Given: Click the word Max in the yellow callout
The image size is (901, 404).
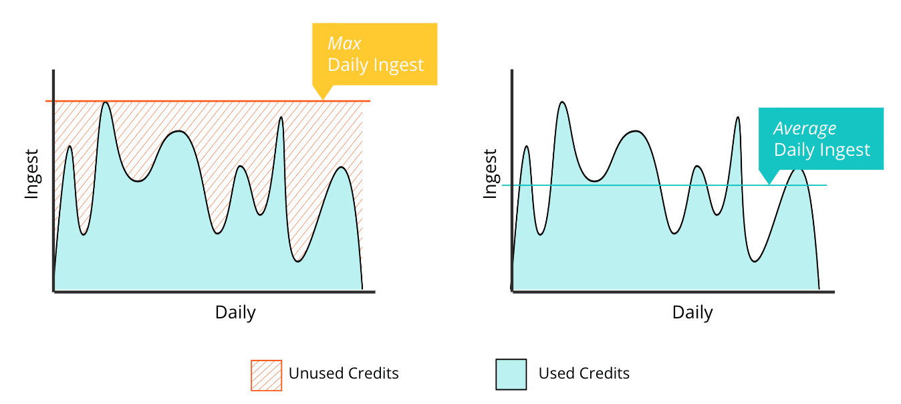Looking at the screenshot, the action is (x=344, y=43).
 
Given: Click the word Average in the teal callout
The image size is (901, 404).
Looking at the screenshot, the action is (x=805, y=129).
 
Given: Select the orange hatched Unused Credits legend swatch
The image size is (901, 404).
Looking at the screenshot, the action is (x=266, y=375).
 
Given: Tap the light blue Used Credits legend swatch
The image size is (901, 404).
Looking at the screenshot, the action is (x=511, y=375).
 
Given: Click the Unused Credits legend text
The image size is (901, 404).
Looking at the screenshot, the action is (x=344, y=373).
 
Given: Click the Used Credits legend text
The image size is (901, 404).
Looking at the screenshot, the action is (x=584, y=373).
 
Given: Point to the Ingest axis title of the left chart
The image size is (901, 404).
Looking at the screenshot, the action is (x=31, y=174).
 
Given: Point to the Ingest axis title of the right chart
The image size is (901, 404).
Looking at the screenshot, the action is (x=490, y=174).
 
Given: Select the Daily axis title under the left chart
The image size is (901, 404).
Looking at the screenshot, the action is (x=235, y=312).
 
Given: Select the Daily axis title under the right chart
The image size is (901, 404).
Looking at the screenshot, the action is (x=692, y=312).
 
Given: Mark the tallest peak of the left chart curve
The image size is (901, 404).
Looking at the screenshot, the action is (x=106, y=102).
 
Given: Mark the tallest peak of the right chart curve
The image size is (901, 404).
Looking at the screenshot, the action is (x=562, y=102).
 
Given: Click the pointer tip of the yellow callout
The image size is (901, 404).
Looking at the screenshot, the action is (x=323, y=100).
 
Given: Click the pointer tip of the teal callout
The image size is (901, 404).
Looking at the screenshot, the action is (x=769, y=184).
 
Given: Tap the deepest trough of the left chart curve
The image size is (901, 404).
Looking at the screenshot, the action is (x=297, y=262).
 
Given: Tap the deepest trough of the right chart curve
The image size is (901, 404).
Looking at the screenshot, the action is (x=755, y=262).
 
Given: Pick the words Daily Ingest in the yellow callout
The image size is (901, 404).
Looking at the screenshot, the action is (x=376, y=65).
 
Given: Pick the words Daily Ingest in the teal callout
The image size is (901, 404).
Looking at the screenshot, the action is (x=821, y=150).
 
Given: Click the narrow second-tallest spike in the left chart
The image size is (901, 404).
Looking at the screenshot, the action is (x=281, y=118).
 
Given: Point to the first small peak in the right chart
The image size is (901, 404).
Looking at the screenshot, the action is (x=527, y=146).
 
